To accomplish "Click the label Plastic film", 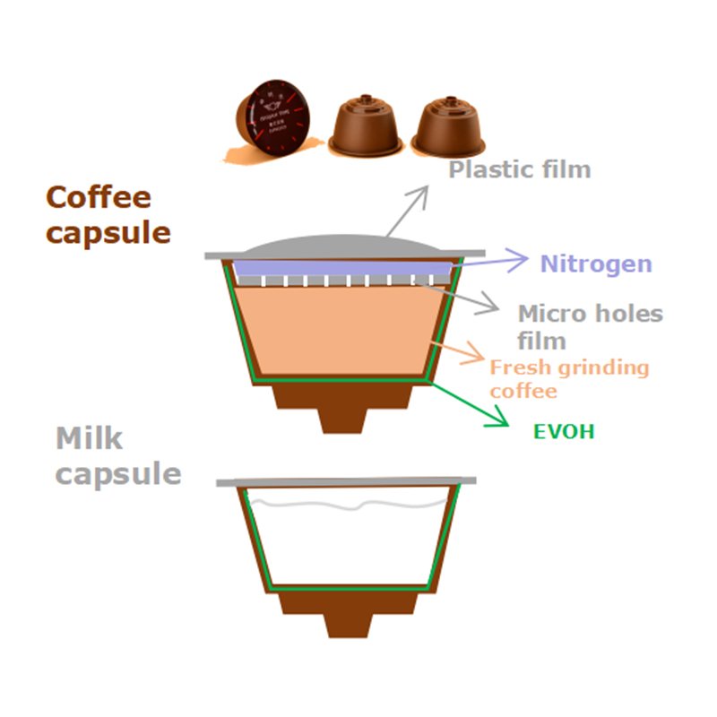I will pyautogui.click(x=520, y=169).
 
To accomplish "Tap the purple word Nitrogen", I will pyautogui.click(x=595, y=263).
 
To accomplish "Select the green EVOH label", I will pyautogui.click(x=564, y=432).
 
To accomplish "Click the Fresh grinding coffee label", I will pyautogui.click(x=568, y=378).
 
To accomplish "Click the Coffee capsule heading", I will pyautogui.click(x=108, y=214).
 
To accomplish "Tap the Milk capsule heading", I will pyautogui.click(x=117, y=456).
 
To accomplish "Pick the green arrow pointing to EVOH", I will pyautogui.click(x=471, y=403).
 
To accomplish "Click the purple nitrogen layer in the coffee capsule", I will pyautogui.click(x=341, y=268).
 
